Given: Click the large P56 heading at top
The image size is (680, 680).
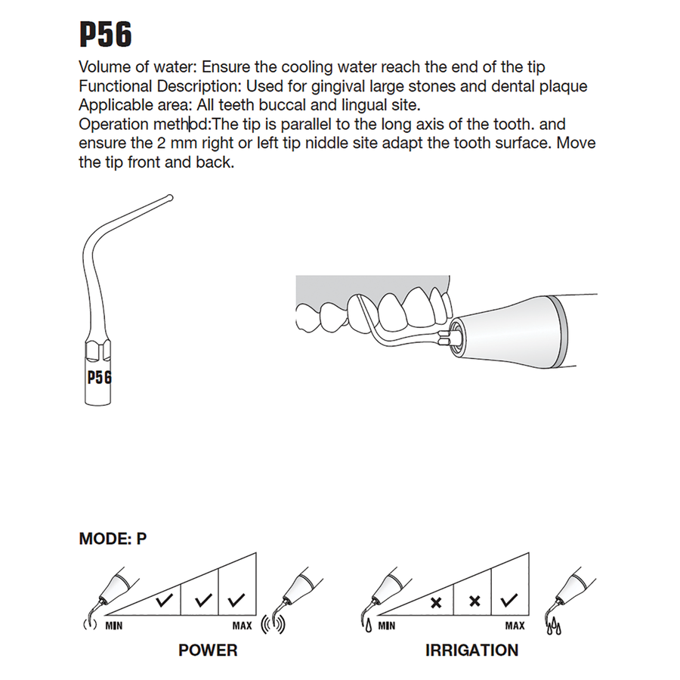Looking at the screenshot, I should (106, 34).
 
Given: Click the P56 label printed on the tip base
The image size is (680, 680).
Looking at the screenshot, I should (99, 376).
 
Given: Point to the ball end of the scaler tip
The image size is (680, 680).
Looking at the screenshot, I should (169, 199).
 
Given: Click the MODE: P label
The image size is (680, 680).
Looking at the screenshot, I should (113, 539).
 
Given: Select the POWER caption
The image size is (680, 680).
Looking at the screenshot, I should (208, 650).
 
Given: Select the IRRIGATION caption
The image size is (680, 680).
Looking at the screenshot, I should (472, 650).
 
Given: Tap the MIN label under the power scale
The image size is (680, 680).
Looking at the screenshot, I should (115, 626).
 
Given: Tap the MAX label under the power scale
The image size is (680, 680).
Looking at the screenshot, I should (243, 626).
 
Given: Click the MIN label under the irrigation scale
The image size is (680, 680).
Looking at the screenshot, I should (386, 626).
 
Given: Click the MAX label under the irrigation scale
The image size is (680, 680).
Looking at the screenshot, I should (515, 626).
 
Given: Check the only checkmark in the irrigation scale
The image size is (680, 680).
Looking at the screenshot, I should (509, 601).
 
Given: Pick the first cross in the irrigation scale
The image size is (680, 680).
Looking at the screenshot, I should (436, 602).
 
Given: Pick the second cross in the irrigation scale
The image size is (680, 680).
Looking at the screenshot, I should (474, 602).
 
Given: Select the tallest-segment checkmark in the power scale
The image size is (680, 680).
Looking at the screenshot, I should (236, 601).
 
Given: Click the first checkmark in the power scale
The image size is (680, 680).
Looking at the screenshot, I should (163, 602).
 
